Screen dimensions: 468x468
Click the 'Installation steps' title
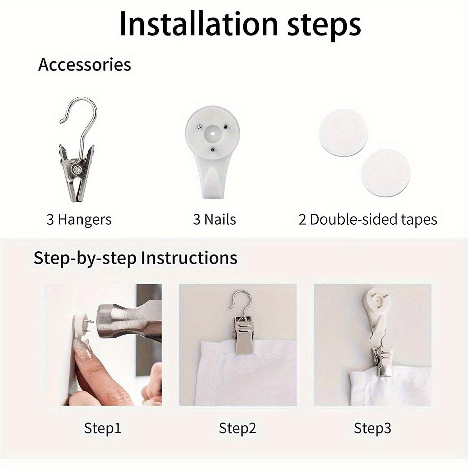pyautogui.click(x=240, y=24)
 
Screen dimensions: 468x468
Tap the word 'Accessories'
pyautogui.click(x=85, y=65)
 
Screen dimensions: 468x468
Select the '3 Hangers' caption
pyautogui.click(x=79, y=219)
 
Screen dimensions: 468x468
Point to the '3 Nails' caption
pyautogui.click(x=214, y=219)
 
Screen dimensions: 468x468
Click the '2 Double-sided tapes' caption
pyautogui.click(x=368, y=219)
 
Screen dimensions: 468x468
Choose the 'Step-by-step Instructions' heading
pyautogui.click(x=135, y=258)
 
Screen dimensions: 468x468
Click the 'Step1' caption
pyautogui.click(x=102, y=428)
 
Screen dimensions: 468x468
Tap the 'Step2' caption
pyautogui.click(x=237, y=428)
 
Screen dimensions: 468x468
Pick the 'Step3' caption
pyautogui.click(x=372, y=428)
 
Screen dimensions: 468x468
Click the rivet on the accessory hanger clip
pyautogui.click(x=76, y=169)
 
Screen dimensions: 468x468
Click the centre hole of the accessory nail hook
pyautogui.click(x=212, y=133)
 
